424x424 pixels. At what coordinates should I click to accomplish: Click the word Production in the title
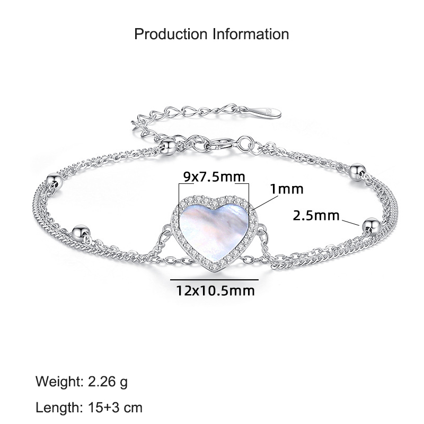pos(171,34)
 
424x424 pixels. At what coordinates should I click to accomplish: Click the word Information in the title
pos(251,34)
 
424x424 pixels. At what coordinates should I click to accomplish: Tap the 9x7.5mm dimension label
pos(214,177)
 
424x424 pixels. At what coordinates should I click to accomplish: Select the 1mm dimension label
pos(287,189)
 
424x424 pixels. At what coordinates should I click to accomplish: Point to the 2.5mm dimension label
pos(316,216)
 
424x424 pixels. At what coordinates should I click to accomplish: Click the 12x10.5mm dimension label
pos(215,290)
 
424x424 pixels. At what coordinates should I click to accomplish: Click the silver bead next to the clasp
pos(168,146)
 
